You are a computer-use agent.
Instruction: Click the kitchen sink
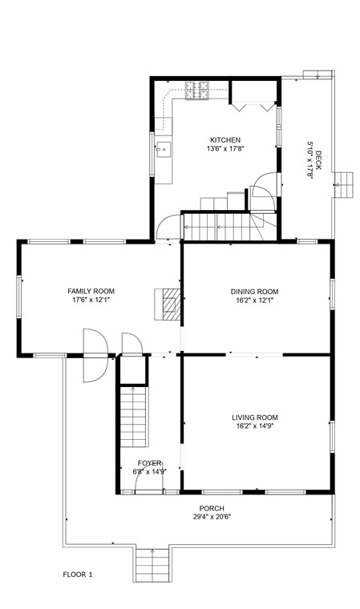tap(163, 149)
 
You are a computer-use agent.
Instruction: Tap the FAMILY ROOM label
tap(91, 291)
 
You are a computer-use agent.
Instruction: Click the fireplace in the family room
tap(168, 304)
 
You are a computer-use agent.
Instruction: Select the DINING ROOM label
tap(254, 292)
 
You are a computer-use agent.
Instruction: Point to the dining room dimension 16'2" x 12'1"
tap(254, 300)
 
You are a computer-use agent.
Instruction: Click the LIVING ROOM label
tap(255, 417)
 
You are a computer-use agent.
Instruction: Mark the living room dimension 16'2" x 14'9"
tap(255, 426)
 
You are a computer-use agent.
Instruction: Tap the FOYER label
tap(149, 463)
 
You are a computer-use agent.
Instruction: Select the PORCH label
tap(212, 508)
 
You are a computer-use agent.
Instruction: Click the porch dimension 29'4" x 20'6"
tap(212, 517)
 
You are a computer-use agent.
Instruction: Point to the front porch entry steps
tap(151, 564)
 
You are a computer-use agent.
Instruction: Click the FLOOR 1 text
tap(79, 575)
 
